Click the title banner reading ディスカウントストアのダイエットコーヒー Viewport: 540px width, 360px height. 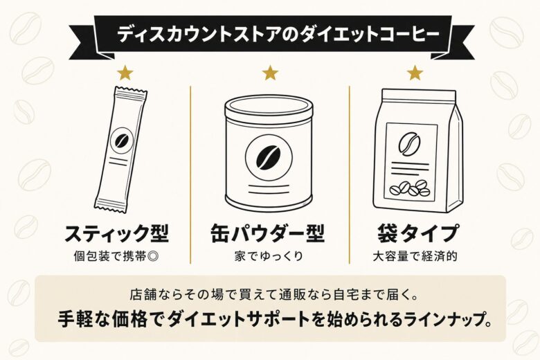pos(270,33)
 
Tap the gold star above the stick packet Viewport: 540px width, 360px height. pos(125,71)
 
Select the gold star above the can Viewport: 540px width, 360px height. pos(270,71)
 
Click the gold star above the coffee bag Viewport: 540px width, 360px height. pos(414,71)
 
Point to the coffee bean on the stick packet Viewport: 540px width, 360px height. pos(122,141)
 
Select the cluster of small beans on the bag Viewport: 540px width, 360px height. pos(410,188)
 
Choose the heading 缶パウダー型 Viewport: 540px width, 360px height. pos(267,233)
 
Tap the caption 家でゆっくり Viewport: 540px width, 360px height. pos(267,255)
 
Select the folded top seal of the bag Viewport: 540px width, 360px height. pos(414,96)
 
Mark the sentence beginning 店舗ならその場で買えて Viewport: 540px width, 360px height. pos(270,294)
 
